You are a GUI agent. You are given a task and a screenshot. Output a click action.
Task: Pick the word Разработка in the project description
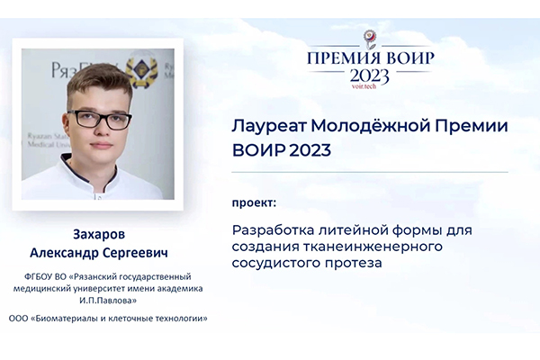(271, 229)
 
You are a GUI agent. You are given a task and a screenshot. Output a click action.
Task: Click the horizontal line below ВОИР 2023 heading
(370, 172)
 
